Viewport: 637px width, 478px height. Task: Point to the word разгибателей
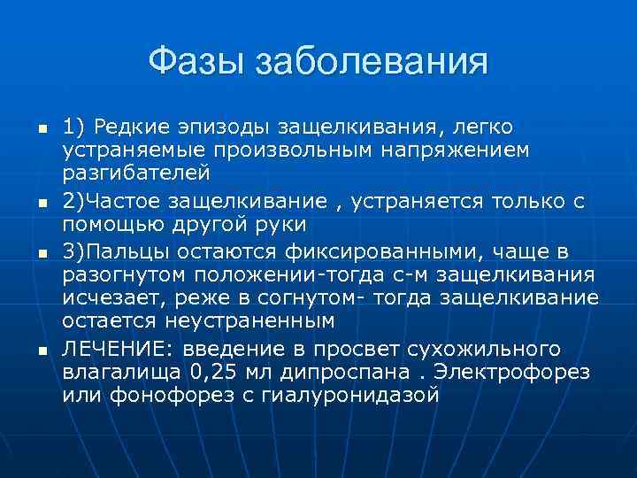click(x=124, y=173)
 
